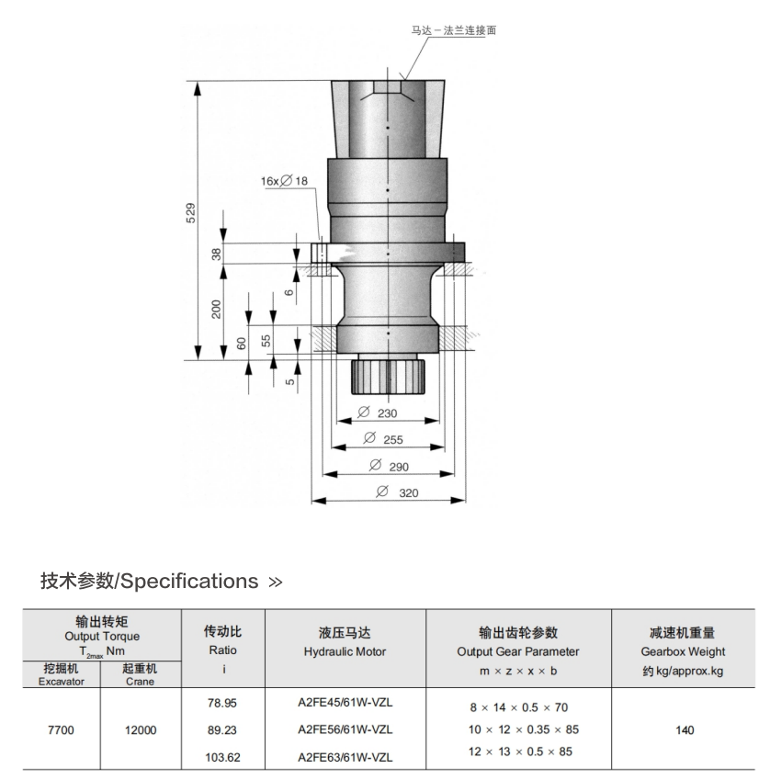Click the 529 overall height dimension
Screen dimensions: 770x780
pyautogui.click(x=190, y=213)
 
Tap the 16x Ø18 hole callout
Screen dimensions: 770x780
pyautogui.click(x=285, y=181)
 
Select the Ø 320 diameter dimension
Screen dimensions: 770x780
pyautogui.click(x=397, y=492)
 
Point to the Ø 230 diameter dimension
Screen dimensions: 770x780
pyautogui.click(x=378, y=413)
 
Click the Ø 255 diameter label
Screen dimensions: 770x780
pyautogui.click(x=383, y=439)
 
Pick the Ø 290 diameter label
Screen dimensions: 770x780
pyautogui.click(x=389, y=466)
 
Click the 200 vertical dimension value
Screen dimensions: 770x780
pyautogui.click(x=216, y=309)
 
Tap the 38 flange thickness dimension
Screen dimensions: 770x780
pyautogui.click(x=216, y=254)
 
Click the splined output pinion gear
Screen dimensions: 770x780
pyautogui.click(x=388, y=377)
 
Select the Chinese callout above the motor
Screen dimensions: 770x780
pyautogui.click(x=454, y=30)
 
